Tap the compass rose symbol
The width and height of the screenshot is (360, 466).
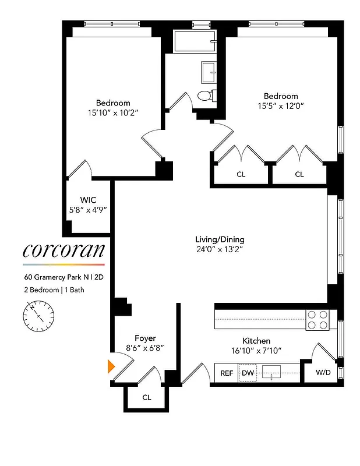coord(38,315)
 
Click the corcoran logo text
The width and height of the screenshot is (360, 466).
coord(64,250)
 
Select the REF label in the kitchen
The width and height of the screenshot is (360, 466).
coord(226,373)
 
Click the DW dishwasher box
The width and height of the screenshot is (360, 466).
coord(248,373)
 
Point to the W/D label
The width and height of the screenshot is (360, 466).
coord(324,373)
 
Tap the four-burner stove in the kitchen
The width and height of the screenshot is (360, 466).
coord(318,320)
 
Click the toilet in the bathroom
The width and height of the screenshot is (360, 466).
coord(205,96)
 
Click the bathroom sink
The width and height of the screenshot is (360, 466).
coord(209,72)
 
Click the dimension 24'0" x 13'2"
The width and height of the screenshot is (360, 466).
coord(220,250)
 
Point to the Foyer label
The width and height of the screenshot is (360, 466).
coord(145,338)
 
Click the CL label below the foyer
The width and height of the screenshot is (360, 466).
coord(147,398)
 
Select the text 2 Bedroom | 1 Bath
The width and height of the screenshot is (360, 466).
coord(54,290)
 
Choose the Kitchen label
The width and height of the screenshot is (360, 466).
coord(256,341)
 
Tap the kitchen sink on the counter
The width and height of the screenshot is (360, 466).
coord(273,373)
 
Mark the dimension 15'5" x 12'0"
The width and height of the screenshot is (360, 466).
coord(281,106)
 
